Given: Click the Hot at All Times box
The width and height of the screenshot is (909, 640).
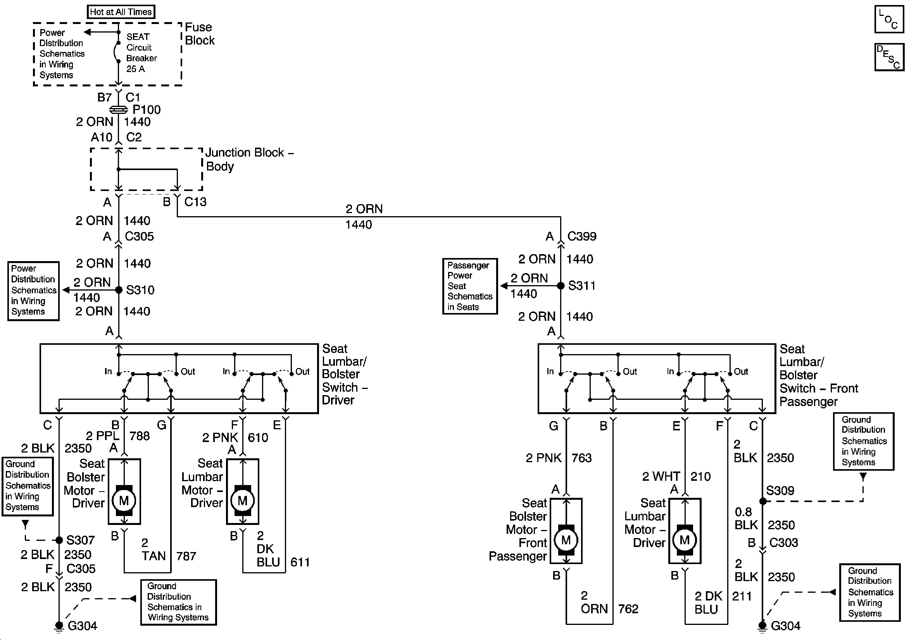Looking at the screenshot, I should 121,12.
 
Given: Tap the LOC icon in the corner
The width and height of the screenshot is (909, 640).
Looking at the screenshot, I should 889,19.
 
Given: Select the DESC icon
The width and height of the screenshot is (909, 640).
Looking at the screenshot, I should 889,57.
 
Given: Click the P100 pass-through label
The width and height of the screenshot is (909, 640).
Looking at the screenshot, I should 147,110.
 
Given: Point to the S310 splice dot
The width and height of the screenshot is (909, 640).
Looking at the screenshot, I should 119,290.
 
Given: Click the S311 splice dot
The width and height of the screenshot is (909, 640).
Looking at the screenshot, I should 561,286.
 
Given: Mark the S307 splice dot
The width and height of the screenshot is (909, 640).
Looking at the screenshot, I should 59,540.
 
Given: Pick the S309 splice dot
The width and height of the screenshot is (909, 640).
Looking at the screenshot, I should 763,501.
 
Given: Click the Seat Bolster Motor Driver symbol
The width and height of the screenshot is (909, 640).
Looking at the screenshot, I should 124,501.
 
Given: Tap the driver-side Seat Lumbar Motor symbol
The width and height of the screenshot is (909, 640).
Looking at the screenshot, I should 243,501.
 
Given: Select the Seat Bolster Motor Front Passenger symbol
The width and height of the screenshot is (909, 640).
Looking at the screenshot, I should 566,540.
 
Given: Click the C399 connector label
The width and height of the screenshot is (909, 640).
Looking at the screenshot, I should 581,236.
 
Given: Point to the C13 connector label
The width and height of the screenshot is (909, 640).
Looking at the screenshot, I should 195,202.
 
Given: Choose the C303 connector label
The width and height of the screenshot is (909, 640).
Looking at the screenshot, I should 783,542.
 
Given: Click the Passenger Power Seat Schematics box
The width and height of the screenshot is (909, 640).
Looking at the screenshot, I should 469,286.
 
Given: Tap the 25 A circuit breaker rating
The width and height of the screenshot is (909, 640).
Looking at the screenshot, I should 135,69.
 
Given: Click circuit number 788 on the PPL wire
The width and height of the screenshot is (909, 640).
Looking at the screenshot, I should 140,436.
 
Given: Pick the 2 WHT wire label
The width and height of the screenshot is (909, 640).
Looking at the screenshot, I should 661,476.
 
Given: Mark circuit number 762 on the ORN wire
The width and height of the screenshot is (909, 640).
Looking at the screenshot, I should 628,609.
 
